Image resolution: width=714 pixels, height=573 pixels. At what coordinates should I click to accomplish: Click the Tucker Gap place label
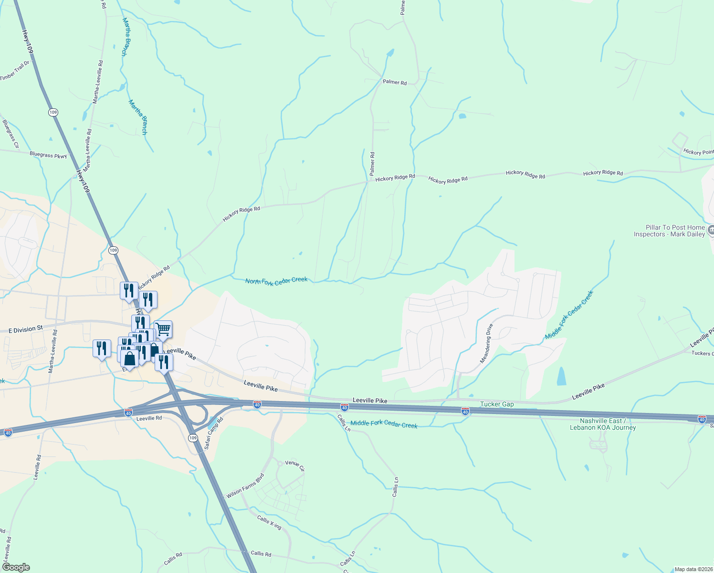497,404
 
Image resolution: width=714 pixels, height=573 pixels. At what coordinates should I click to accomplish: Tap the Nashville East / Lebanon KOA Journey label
602,424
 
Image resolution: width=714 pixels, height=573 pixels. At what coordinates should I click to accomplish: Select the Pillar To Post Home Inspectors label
669,231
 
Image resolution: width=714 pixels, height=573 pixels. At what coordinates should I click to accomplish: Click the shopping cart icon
163,329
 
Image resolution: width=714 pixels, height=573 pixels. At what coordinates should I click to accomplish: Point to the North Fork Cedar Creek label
276,281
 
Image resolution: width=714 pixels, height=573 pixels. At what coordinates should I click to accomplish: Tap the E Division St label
26,329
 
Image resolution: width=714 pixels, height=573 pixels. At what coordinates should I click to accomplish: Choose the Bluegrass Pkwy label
48,155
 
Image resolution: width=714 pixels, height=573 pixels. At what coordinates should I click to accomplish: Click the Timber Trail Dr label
14,71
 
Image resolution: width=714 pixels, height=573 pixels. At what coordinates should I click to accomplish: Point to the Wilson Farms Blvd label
245,486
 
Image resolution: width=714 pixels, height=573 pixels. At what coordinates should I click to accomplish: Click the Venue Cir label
294,465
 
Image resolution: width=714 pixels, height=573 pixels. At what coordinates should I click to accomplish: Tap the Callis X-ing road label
269,522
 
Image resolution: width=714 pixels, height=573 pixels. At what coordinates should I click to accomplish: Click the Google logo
16,567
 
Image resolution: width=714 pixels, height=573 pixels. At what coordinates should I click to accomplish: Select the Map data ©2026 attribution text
693,569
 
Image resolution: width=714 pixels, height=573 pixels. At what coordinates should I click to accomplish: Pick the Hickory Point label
698,152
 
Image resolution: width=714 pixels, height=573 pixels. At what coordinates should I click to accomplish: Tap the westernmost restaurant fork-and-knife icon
101,349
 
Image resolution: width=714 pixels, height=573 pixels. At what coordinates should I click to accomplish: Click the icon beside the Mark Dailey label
710,231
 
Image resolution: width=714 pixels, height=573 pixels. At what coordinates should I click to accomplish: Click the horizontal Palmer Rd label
394,82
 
